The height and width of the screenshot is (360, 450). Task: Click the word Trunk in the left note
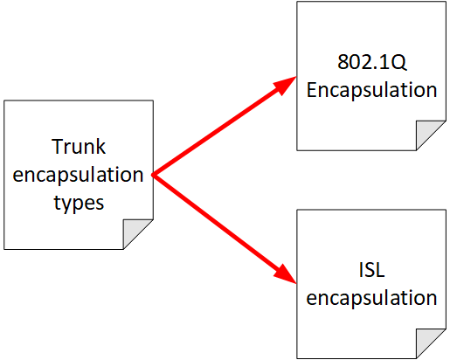(x=79, y=147)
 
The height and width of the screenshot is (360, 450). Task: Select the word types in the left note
(x=79, y=204)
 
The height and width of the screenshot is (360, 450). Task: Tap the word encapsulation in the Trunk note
(x=78, y=176)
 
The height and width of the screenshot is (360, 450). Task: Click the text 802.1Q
(x=371, y=62)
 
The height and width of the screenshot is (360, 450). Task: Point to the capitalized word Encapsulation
(x=371, y=91)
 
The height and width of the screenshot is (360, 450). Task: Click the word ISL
(x=371, y=270)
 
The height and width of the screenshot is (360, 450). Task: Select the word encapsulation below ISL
(x=371, y=299)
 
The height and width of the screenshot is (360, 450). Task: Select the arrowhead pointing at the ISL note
(x=286, y=274)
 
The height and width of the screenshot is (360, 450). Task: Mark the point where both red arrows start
(x=153, y=175)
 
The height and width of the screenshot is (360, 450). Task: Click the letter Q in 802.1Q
(x=398, y=63)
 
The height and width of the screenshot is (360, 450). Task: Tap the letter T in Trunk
(x=57, y=147)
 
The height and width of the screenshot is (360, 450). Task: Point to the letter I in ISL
(x=361, y=270)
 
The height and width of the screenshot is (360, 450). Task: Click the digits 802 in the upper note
(x=351, y=62)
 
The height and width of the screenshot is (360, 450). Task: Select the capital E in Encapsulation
(x=311, y=89)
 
